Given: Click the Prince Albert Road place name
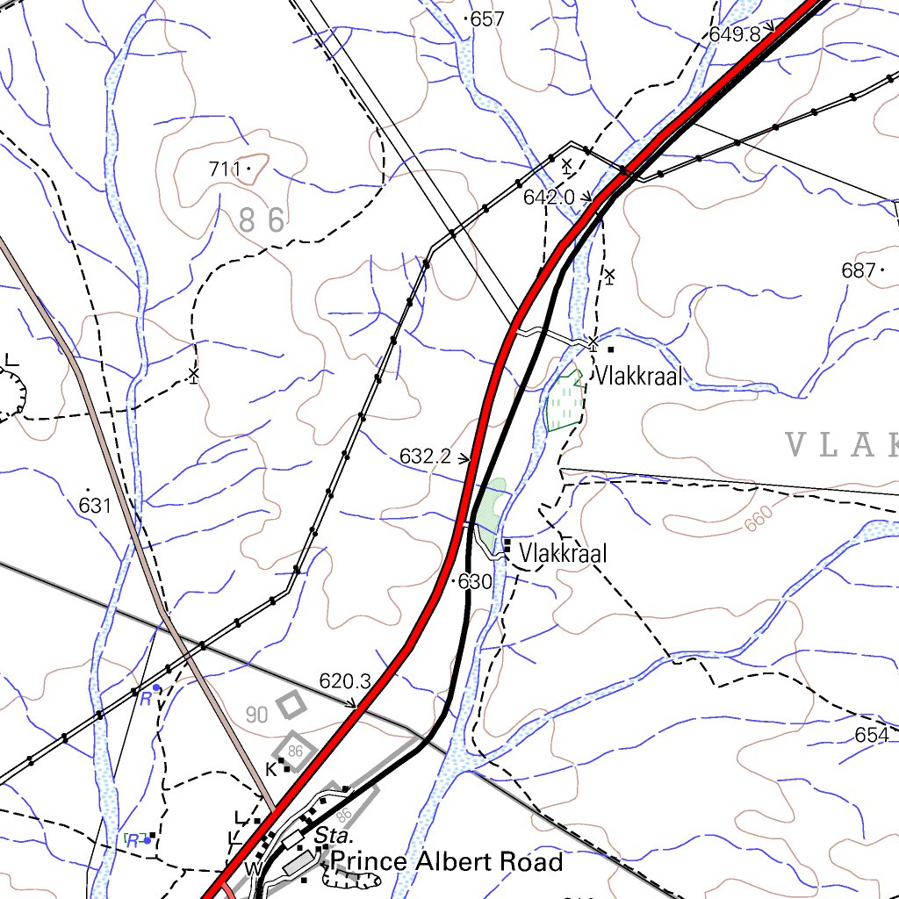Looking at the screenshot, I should click(447, 862).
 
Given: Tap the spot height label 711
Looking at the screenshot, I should click(225, 169).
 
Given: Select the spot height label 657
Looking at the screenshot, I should click(487, 19).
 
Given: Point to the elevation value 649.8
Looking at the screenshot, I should click(735, 34).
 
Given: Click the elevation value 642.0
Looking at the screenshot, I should click(549, 198).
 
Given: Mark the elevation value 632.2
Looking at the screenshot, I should click(425, 457).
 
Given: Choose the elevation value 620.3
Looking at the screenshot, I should click(345, 680).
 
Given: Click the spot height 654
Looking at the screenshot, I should click(871, 736).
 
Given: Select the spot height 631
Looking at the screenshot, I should click(95, 506).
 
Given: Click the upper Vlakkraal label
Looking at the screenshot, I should click(639, 378).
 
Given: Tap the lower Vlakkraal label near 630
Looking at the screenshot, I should click(563, 554).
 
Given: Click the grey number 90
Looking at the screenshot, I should click(256, 715).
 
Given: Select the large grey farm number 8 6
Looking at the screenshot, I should click(262, 220).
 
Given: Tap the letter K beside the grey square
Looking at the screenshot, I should click(271, 769).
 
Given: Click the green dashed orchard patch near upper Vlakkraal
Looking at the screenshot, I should click(564, 402).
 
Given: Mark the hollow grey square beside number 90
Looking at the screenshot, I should click(290, 703).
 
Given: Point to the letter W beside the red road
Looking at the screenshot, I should click(253, 869).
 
